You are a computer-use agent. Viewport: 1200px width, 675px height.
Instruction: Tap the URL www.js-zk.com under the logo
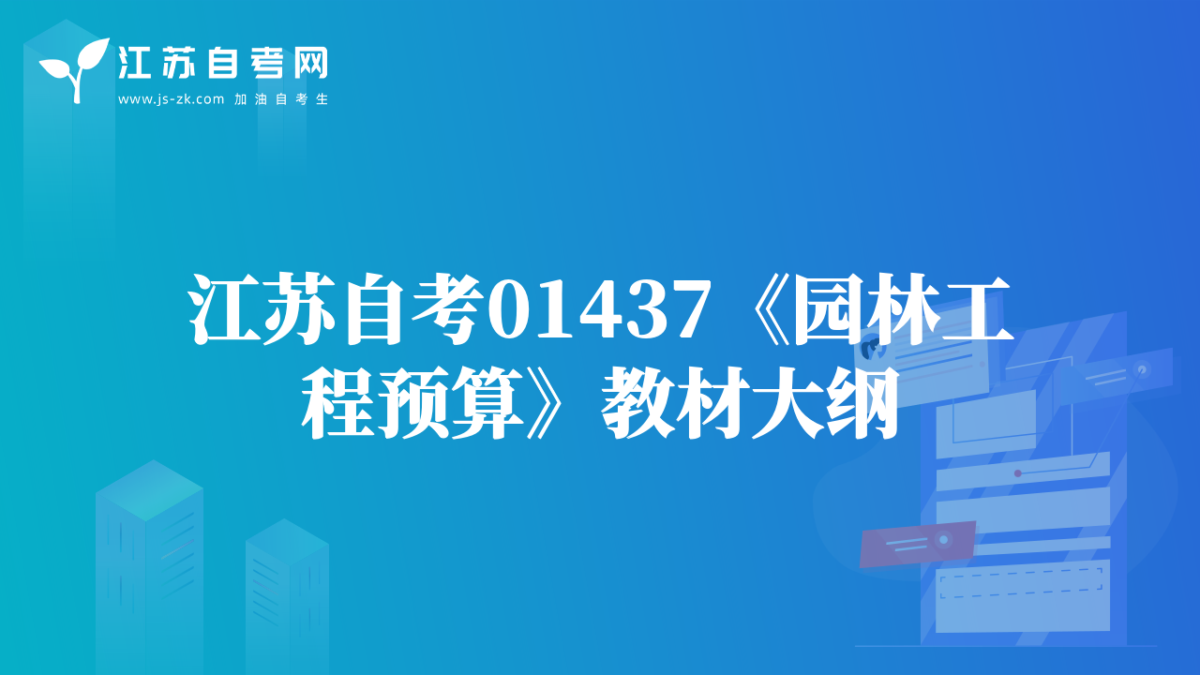pos(171,99)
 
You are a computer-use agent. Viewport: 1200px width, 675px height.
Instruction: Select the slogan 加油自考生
pos(281,99)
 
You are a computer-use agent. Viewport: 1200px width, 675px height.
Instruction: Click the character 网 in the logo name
pos(310,63)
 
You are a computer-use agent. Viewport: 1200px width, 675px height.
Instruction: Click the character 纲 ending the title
pos(862,403)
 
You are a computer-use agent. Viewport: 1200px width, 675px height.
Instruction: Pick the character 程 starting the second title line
pos(337,403)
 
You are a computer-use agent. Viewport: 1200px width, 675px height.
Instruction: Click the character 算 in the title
pos(487,403)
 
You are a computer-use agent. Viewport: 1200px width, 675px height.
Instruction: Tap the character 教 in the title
pos(637,403)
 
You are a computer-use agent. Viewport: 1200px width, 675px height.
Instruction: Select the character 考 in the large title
pos(445,309)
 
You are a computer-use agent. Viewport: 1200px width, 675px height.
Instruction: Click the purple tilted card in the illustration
pos(917,543)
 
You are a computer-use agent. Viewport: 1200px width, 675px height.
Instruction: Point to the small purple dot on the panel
pos(1018,473)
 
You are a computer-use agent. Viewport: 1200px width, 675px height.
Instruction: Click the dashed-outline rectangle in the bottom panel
pos(1021,583)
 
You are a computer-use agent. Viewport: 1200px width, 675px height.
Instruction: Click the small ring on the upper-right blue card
pos(1142,369)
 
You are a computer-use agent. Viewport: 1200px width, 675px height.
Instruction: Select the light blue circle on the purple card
pos(943,539)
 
